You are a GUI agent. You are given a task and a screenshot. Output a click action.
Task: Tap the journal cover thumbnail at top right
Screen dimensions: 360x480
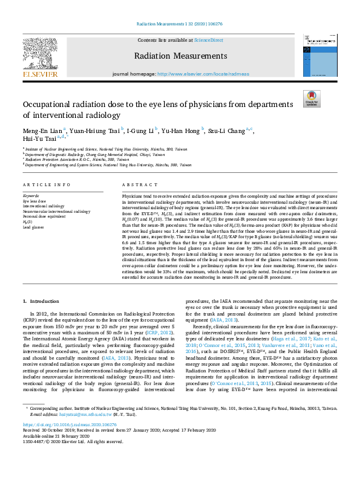pyautogui.click(x=318, y=54)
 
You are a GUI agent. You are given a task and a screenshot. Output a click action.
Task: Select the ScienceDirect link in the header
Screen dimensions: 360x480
pyautogui.click(x=208, y=40)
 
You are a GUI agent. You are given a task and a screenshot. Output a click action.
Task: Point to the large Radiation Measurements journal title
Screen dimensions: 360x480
pyautogui.click(x=180, y=57)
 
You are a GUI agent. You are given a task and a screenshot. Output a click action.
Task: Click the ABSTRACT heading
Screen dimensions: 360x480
pyautogui.click(x=136, y=184)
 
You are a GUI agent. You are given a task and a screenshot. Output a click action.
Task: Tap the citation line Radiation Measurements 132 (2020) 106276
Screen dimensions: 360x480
pyautogui.click(x=180, y=24)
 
